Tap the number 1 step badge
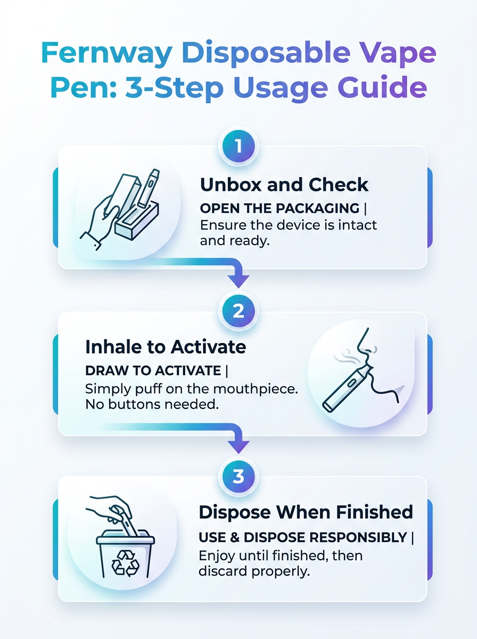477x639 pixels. [238, 145]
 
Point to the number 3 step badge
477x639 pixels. [238, 476]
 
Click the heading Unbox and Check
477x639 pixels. [284, 185]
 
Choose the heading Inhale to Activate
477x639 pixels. [166, 347]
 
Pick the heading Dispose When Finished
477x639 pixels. [306, 512]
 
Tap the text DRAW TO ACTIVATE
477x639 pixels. [153, 371]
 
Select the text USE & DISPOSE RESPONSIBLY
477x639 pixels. [302, 537]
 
